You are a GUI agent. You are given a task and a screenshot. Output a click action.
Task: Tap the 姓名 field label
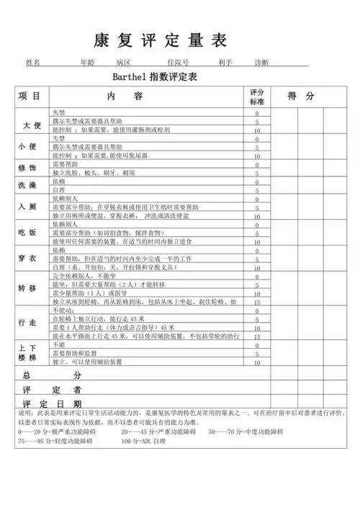point(33,63)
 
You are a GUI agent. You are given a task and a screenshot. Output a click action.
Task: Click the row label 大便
point(32,125)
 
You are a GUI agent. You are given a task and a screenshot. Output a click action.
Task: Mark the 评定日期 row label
point(53,403)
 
